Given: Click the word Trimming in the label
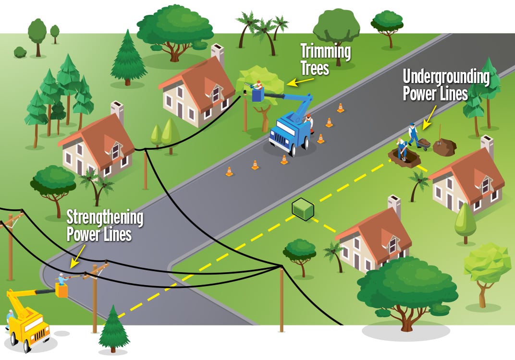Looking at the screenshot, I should (x=325, y=51).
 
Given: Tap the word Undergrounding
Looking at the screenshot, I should (x=446, y=77).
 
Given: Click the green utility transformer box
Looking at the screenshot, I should (x=303, y=209).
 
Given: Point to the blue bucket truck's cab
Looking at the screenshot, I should (x=284, y=132).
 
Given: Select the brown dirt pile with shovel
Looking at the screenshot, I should (x=444, y=146).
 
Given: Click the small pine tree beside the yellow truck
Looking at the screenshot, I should (x=113, y=329).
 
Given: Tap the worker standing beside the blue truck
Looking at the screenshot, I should (x=309, y=123).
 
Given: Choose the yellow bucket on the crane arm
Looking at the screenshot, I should (x=61, y=290).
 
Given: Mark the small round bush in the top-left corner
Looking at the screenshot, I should (x=20, y=52).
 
